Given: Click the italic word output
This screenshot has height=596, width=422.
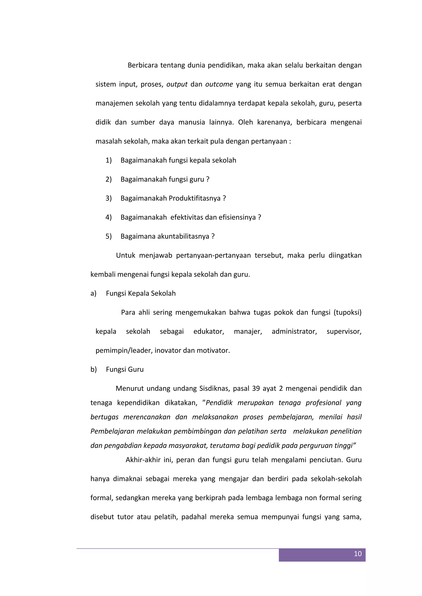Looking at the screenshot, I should tap(177, 84).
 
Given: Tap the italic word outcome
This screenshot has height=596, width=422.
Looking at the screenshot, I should tap(219, 84).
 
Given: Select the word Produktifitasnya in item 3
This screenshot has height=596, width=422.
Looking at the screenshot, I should tap(195, 198).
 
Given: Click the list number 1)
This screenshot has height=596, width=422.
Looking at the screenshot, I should tap(108, 160).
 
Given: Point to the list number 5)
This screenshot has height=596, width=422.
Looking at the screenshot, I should tap(108, 236).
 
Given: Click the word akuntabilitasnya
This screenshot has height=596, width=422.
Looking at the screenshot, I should tap(183, 236).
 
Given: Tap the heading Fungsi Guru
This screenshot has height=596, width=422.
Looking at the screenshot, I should tap(125, 369).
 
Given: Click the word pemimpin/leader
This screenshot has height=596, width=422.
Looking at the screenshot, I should tap(124, 350).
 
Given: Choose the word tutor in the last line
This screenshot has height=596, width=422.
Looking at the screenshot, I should tap(125, 517).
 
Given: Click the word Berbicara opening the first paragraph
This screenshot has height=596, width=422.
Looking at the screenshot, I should tap(143, 65).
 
